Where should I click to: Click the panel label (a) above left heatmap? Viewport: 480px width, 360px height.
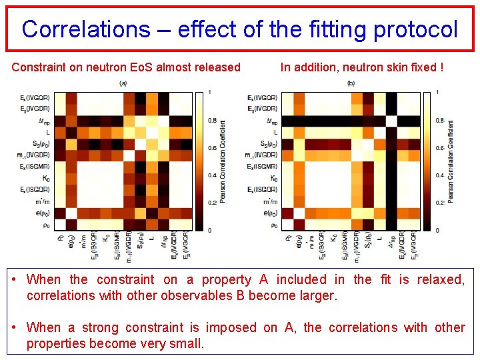(x=123, y=83)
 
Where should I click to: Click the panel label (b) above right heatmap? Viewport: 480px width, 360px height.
(x=351, y=83)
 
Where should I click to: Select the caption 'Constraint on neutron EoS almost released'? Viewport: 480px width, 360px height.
(x=126, y=67)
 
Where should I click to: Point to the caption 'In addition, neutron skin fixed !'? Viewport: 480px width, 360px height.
(x=362, y=67)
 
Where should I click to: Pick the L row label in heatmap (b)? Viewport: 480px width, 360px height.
(x=275, y=132)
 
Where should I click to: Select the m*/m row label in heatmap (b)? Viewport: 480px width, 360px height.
(x=271, y=201)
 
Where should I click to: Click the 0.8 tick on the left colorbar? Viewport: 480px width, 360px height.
(x=211, y=121)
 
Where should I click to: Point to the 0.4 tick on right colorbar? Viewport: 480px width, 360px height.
(x=437, y=175)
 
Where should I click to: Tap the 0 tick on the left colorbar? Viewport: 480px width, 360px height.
(x=210, y=230)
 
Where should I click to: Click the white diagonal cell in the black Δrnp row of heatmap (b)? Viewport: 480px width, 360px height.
(x=391, y=121)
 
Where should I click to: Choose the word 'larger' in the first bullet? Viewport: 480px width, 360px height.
(x=318, y=295)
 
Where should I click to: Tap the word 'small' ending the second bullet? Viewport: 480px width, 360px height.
(x=186, y=343)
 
